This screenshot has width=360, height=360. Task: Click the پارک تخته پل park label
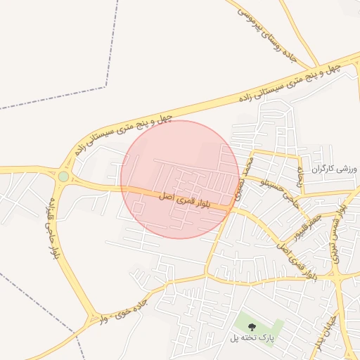tap(250, 340)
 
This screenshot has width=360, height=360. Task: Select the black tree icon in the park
tap(252, 326)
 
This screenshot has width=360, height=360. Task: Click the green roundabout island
tap(63, 176)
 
